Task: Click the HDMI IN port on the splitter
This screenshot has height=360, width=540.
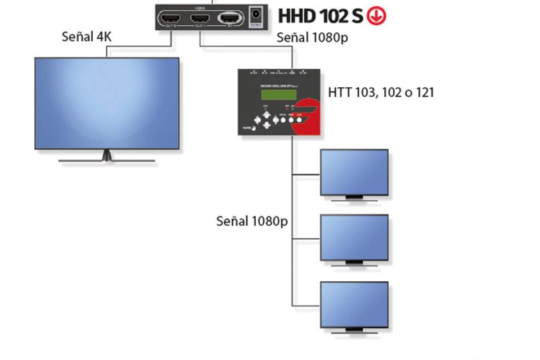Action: point(230,18)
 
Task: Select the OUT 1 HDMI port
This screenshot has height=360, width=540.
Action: point(200,19)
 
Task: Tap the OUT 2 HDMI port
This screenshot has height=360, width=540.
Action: point(171,19)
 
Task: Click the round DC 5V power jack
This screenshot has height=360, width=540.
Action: point(256,14)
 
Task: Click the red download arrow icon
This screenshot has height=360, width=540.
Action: point(377,16)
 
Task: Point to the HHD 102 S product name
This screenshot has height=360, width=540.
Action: point(321,16)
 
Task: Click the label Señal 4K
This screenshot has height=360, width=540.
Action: point(86,37)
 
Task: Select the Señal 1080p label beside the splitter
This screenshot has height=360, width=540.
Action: point(312,38)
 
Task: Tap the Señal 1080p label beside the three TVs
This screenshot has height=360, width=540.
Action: point(252,221)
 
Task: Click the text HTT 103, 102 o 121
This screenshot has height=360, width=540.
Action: point(381,93)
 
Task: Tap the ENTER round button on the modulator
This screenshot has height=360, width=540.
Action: point(283,120)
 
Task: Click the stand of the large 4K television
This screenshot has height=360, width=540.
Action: point(107,156)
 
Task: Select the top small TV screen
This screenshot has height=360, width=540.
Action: point(354,172)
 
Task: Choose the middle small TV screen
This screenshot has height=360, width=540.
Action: point(354,237)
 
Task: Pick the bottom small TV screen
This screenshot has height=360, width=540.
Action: point(354,305)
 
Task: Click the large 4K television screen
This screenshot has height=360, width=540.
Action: point(107,103)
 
